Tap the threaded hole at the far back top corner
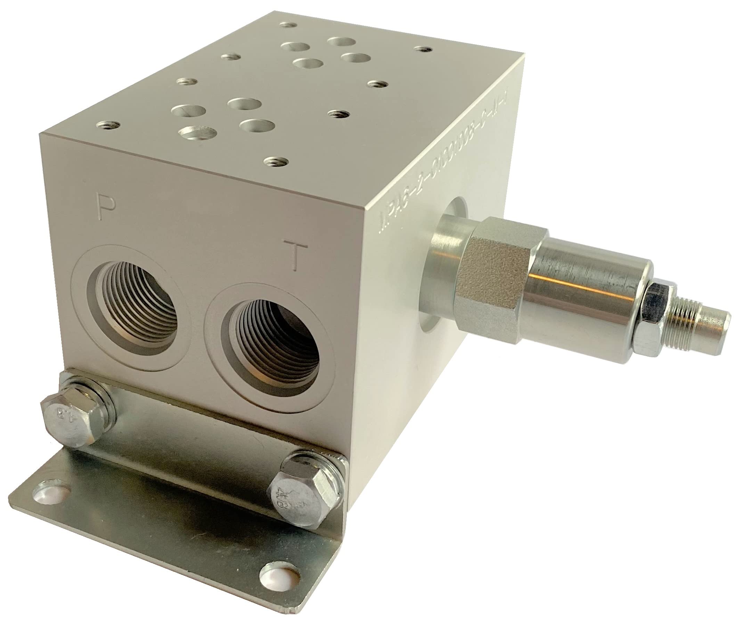[x=289, y=25]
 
